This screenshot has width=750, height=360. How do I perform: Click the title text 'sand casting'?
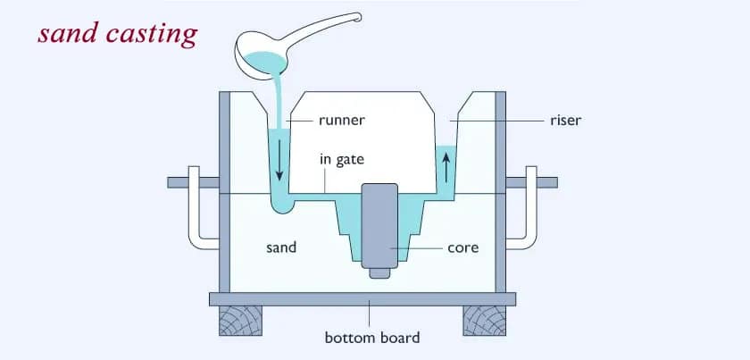(x=116, y=34)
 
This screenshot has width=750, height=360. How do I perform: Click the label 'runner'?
(x=341, y=118)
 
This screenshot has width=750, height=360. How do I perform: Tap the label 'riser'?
(x=564, y=120)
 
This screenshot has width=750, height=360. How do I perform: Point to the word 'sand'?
(x=281, y=247)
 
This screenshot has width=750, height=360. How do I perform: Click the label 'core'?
(x=462, y=247)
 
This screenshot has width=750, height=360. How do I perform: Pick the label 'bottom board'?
(x=371, y=338)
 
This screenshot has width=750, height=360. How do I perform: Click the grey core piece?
(x=379, y=223)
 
